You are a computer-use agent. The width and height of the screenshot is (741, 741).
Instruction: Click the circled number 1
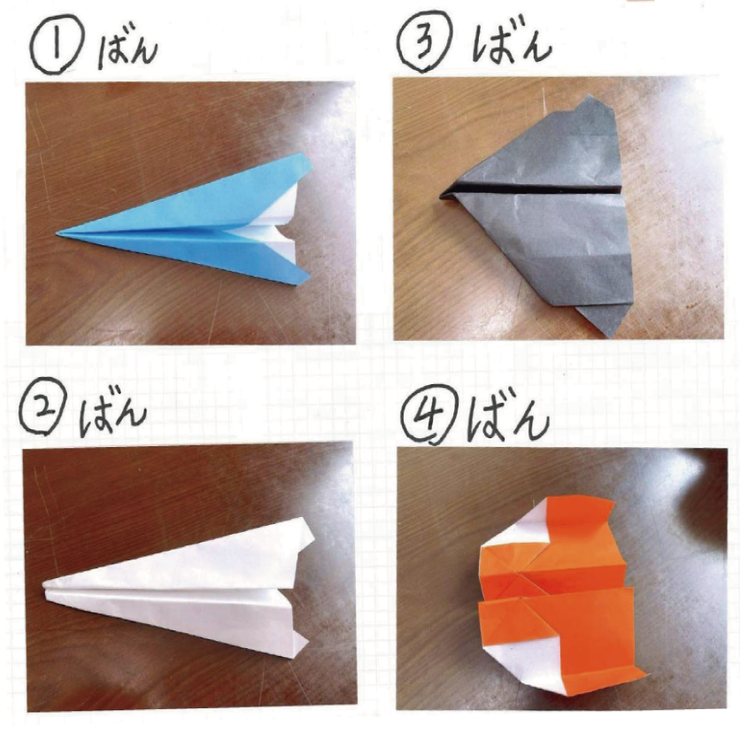57,49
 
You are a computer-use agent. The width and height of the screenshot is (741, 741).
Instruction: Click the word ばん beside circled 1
127,50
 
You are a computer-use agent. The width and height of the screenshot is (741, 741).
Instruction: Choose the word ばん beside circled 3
512,42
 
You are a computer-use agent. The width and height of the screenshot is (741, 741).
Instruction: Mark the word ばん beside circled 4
508,418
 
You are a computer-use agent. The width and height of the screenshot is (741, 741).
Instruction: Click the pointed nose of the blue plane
58,234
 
